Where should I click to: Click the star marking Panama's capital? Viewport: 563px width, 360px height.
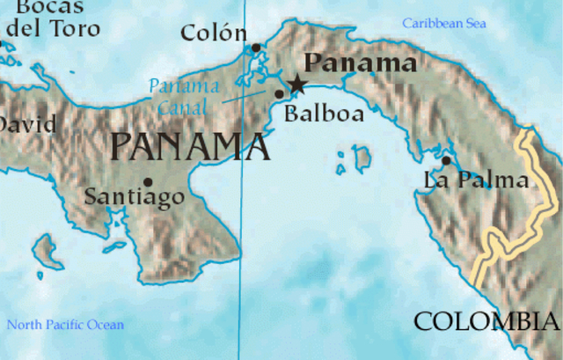(x=296, y=84)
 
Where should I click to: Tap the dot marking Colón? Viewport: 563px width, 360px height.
(x=256, y=48)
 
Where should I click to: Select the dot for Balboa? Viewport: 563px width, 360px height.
(x=280, y=93)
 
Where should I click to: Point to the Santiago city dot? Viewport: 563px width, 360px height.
(x=148, y=182)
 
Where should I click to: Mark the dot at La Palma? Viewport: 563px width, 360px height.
(x=446, y=160)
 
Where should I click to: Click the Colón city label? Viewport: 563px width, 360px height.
(x=213, y=33)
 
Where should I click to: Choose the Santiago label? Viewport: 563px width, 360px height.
(x=135, y=197)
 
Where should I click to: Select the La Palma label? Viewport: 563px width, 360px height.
(x=476, y=181)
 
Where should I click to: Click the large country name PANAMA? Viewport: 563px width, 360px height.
(x=190, y=146)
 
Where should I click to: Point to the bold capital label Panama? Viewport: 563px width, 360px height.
(x=360, y=63)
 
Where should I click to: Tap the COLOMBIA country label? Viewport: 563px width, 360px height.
(x=486, y=322)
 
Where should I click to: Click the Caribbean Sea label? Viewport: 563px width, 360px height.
(x=444, y=24)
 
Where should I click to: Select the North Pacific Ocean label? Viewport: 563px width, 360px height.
(x=65, y=325)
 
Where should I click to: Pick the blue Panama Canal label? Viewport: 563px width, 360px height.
(x=184, y=97)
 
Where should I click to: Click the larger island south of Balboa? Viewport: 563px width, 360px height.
(x=361, y=158)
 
